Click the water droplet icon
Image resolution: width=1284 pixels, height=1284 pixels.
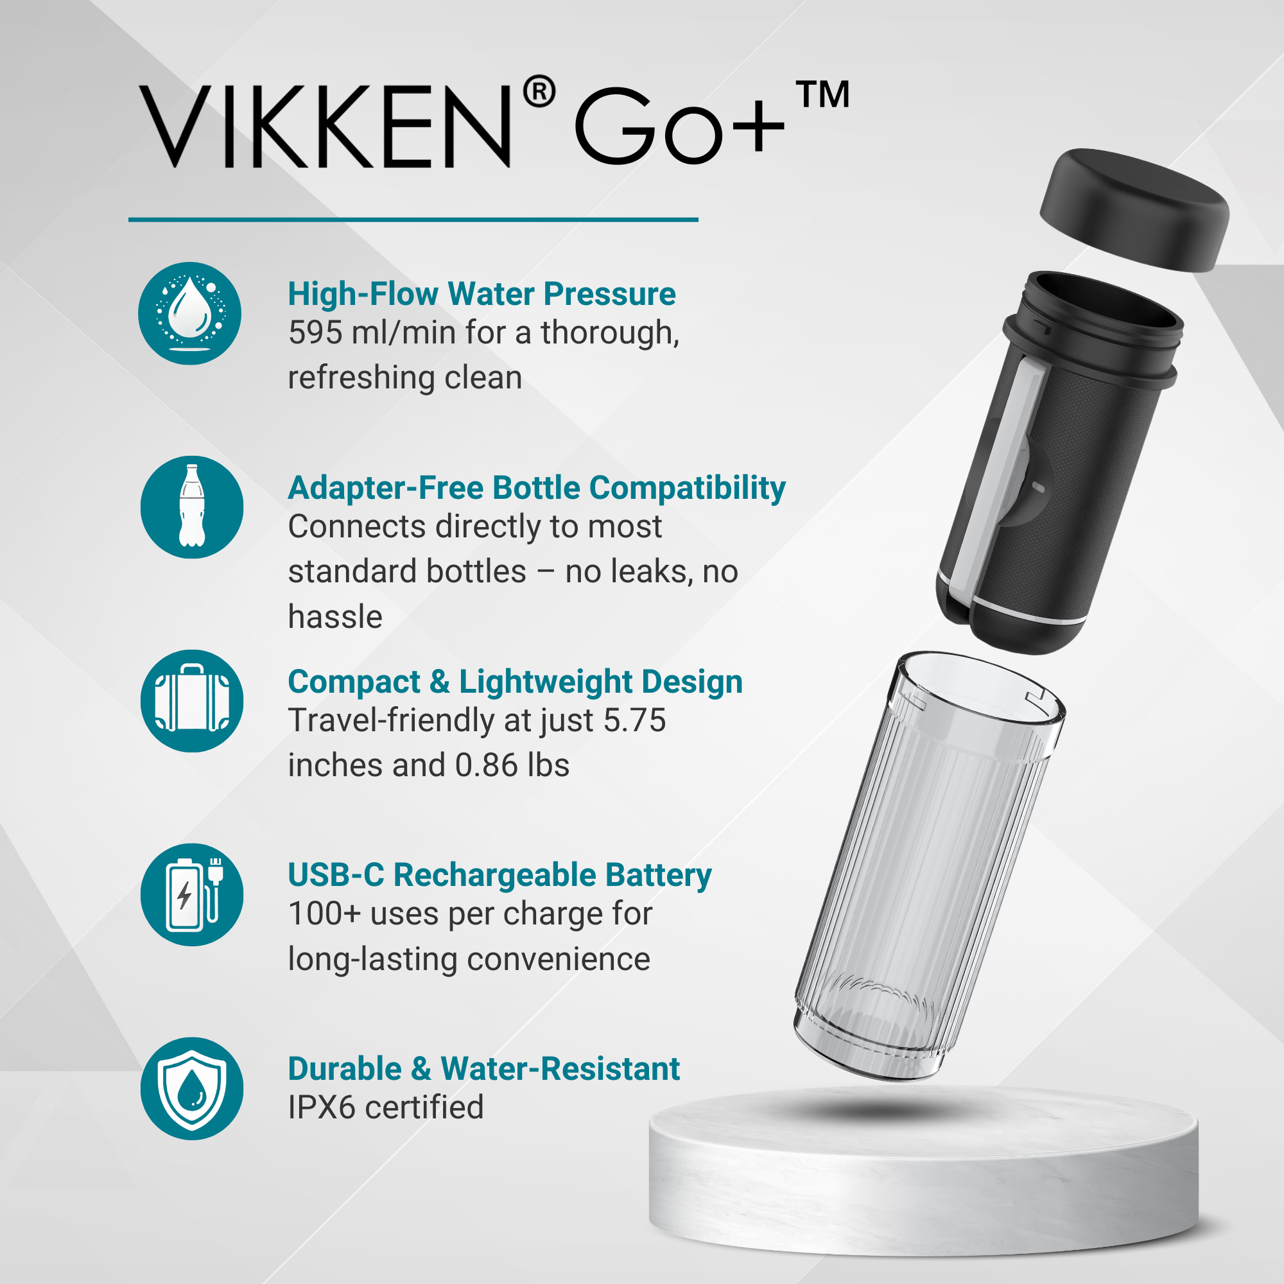pos(189,313)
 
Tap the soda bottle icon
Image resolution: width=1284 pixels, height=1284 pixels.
pos(192,507)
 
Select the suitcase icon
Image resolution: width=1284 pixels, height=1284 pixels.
pos(192,700)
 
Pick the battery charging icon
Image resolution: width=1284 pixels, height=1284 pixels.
pos(192,894)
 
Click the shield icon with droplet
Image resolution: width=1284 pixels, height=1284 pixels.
pos(192,1089)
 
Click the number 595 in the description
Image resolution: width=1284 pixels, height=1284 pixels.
pos(315,333)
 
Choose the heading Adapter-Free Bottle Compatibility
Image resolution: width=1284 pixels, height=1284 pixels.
pos(537,489)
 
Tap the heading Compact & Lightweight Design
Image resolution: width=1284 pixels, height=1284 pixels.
pos(515,682)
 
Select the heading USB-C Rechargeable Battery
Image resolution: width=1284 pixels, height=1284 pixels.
pos(499,875)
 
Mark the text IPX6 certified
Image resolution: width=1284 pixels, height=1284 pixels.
pos(386,1108)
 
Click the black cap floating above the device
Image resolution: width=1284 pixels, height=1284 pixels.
pos(1134,210)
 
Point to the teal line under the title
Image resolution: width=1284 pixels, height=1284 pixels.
pos(413,220)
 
